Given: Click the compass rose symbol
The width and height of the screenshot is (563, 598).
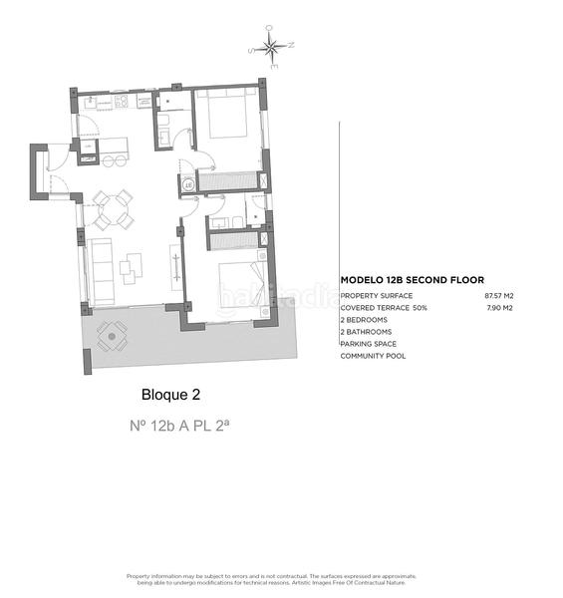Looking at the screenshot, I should (x=271, y=45).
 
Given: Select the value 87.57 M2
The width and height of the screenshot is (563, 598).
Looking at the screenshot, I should (x=498, y=296).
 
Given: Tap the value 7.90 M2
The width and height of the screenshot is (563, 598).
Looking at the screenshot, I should (x=499, y=308).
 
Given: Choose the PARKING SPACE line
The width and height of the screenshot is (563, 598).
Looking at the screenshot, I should (x=370, y=344).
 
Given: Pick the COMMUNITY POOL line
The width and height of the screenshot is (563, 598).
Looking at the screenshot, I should (x=374, y=356).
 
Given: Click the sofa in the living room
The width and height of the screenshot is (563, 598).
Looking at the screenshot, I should (x=101, y=269).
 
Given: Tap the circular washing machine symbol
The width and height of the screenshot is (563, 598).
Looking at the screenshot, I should (x=187, y=183).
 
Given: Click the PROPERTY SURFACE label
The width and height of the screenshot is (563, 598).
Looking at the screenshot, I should (x=377, y=296).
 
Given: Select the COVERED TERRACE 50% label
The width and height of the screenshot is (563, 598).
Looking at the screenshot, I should (x=384, y=308).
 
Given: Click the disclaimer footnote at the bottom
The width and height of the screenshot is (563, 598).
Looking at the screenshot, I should (x=271, y=579).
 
